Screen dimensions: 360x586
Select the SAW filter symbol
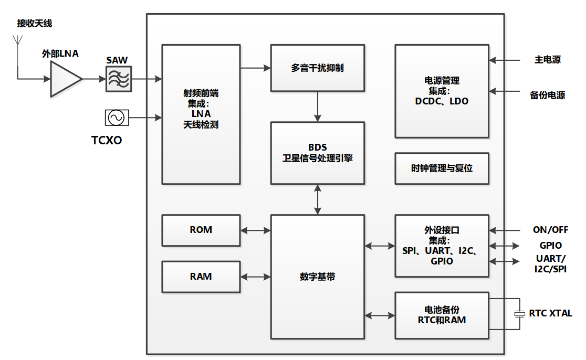[x=118, y=79]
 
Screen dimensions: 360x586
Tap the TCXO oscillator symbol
[x=117, y=118]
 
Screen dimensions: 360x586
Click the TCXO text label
[x=107, y=140]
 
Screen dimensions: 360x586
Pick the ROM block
[x=201, y=230]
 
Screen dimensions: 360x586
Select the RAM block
[x=201, y=277]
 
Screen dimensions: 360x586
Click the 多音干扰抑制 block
[x=317, y=68]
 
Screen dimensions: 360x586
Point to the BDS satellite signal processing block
[x=317, y=153]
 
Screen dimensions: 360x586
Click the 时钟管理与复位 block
[x=442, y=168]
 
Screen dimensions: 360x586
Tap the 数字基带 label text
[x=317, y=277]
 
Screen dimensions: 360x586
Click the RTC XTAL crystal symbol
[x=519, y=313]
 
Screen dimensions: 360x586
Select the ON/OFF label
[x=550, y=230]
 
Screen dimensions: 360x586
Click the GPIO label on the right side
[x=550, y=245]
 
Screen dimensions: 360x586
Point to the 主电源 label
[x=548, y=60]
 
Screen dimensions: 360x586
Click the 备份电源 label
[x=547, y=96]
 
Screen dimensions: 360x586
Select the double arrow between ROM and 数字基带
[x=255, y=230]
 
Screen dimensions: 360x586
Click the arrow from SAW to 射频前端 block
[x=146, y=79]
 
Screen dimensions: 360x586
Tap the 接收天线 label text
[x=35, y=24]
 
